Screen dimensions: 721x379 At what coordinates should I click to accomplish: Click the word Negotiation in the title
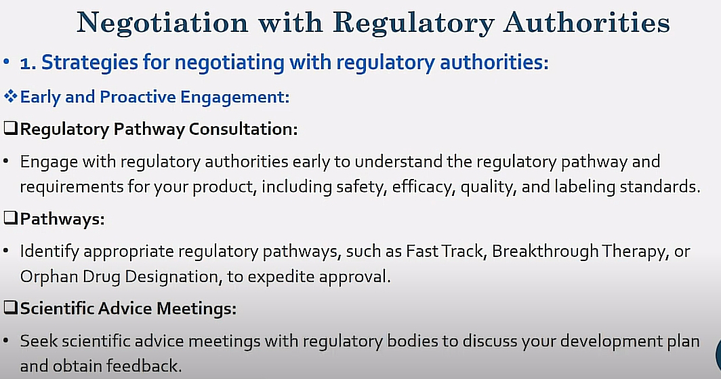coord(163,22)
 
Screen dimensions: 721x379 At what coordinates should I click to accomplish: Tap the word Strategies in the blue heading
coord(89,62)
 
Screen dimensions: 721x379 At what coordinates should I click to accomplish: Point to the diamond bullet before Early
coord(11,96)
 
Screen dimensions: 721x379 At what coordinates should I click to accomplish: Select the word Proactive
coord(138,97)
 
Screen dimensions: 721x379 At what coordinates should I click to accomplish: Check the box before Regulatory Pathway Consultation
coord(11,128)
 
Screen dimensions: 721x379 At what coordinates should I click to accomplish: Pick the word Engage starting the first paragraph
coord(49,161)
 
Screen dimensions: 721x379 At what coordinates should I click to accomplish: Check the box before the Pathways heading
coord(11,218)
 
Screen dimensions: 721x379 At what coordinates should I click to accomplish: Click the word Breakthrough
coord(544,251)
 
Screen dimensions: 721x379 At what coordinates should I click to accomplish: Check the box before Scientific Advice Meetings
coord(11,307)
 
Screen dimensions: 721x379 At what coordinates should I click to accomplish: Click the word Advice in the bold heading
coord(125,308)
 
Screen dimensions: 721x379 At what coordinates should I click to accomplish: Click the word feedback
coord(144,366)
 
